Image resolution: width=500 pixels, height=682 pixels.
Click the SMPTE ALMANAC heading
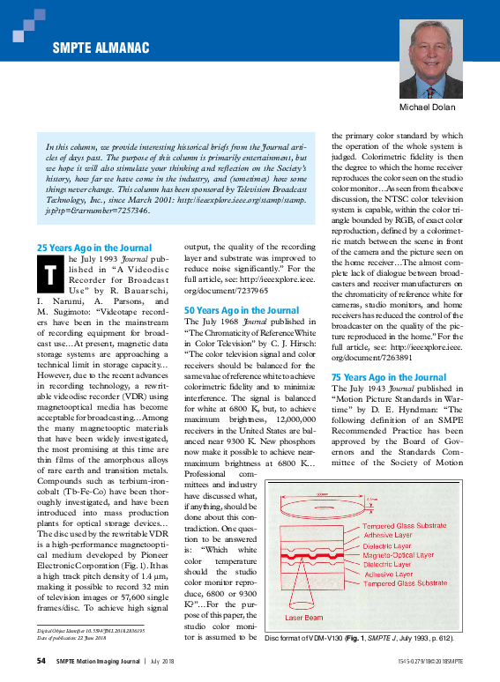[100, 48]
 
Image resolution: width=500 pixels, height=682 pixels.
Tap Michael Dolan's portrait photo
[431, 59]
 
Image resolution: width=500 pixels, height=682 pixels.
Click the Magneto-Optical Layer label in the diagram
[399, 555]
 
